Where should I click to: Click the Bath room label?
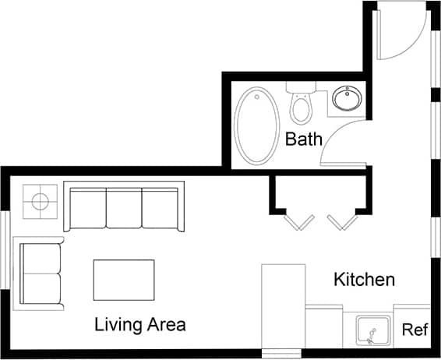click(x=304, y=140)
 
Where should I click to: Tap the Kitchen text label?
click(x=365, y=279)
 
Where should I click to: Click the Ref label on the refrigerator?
click(x=414, y=330)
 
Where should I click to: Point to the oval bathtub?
click(x=258, y=126)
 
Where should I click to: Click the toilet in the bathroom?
click(x=301, y=105)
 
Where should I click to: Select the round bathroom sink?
click(x=346, y=99)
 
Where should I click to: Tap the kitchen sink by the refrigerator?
click(x=372, y=330)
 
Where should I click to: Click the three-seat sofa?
click(x=125, y=206)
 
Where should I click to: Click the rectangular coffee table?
click(x=124, y=280)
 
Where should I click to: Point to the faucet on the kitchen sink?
click(x=372, y=335)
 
